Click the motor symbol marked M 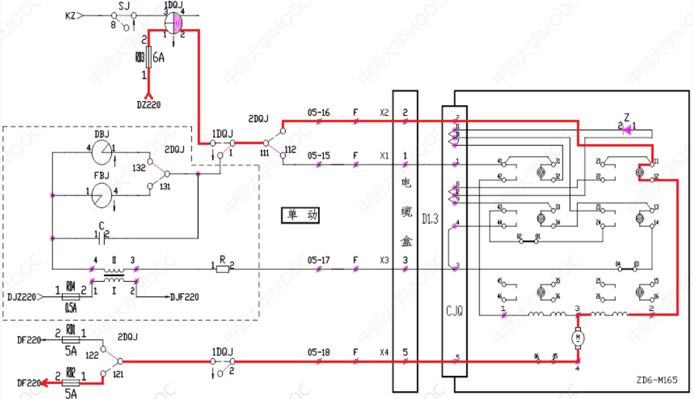tap(577, 337)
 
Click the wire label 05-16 tap(318, 112)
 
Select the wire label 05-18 tap(318, 352)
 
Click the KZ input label tap(70, 15)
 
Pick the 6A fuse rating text tap(159, 58)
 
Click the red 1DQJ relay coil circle tap(174, 22)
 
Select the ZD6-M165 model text tap(656, 381)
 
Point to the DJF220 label tap(184, 297)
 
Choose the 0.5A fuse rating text tap(70, 307)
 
